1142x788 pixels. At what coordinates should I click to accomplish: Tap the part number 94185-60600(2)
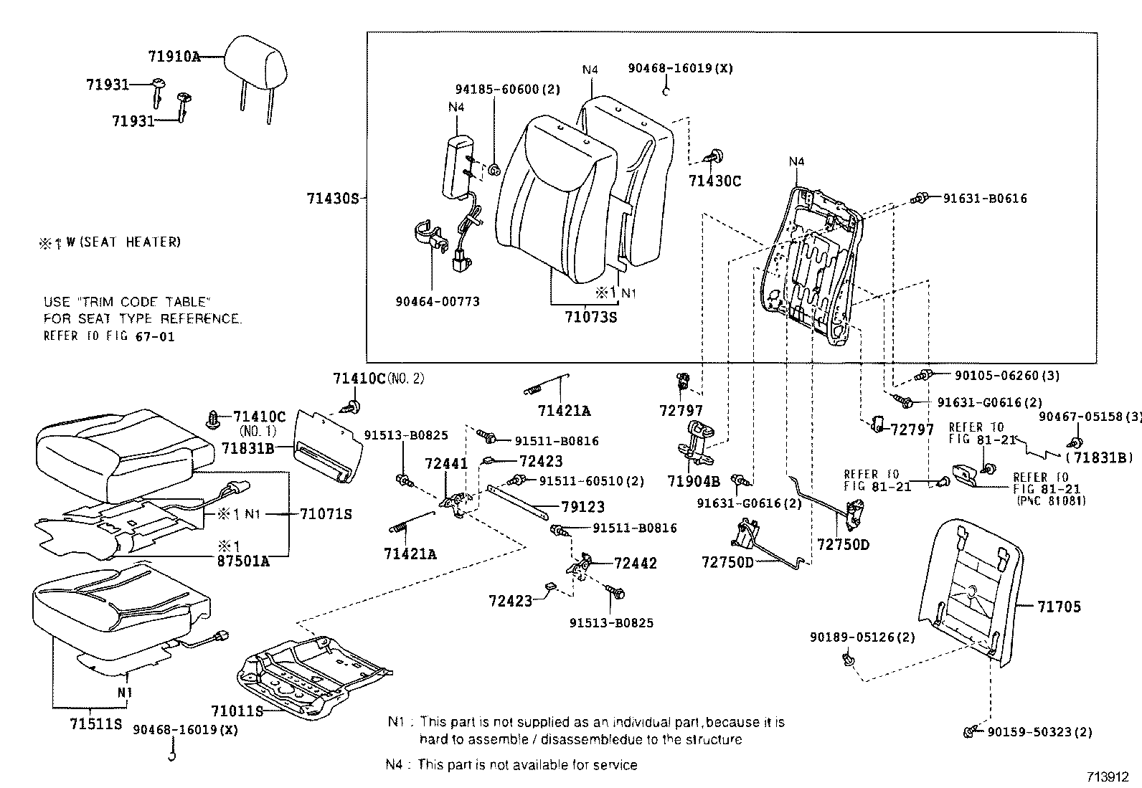(508, 90)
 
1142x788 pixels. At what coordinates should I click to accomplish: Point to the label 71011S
(237, 711)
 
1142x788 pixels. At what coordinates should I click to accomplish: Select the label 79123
(583, 506)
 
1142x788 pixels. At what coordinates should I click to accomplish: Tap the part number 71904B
(693, 481)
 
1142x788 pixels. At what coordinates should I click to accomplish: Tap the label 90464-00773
(437, 302)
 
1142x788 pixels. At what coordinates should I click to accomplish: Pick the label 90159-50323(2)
(1039, 732)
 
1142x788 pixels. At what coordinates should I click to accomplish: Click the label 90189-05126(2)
(862, 637)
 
